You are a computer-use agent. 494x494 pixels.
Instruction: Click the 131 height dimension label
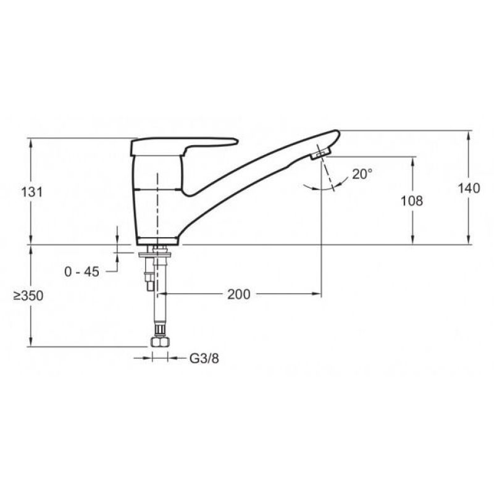[x=32, y=192]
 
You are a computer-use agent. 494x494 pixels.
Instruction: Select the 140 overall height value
[x=469, y=188]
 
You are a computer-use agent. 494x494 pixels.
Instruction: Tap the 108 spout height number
[x=411, y=201]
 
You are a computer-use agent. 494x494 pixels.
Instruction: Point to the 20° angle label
[x=362, y=174]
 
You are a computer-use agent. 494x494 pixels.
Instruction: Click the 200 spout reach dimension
[x=239, y=295]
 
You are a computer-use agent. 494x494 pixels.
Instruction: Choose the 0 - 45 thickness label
[x=82, y=272]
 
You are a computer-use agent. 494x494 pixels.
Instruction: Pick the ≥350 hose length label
[x=28, y=296]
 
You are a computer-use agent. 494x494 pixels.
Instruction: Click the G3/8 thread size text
[x=204, y=358]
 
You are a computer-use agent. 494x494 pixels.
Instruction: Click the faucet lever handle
[x=183, y=145]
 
